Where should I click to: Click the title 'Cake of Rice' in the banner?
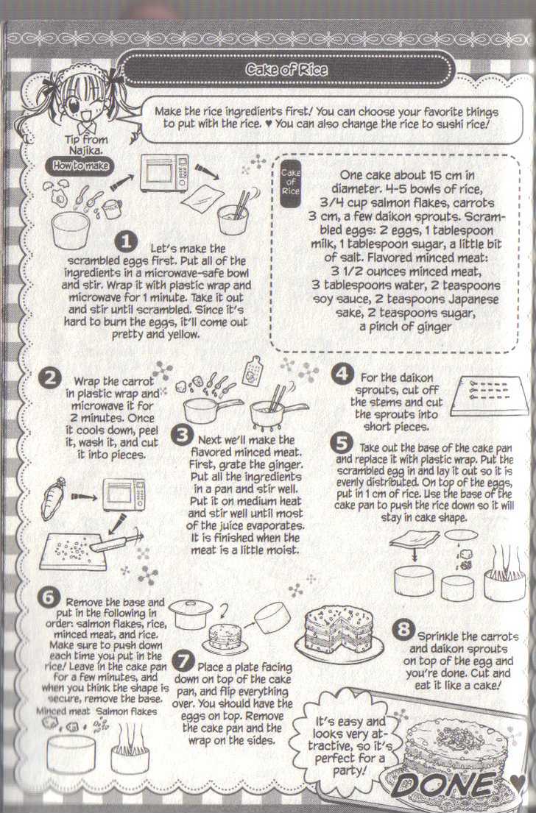click(286, 69)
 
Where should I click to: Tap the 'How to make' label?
click(80, 166)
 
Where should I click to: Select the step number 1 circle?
click(126, 241)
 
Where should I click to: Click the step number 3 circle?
click(182, 435)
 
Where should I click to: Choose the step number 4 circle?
click(342, 373)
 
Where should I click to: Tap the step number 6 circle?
click(49, 597)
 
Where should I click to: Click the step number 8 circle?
click(403, 630)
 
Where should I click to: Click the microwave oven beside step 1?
click(164, 173)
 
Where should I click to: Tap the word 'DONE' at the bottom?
click(444, 784)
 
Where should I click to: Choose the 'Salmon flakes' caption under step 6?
click(127, 711)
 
